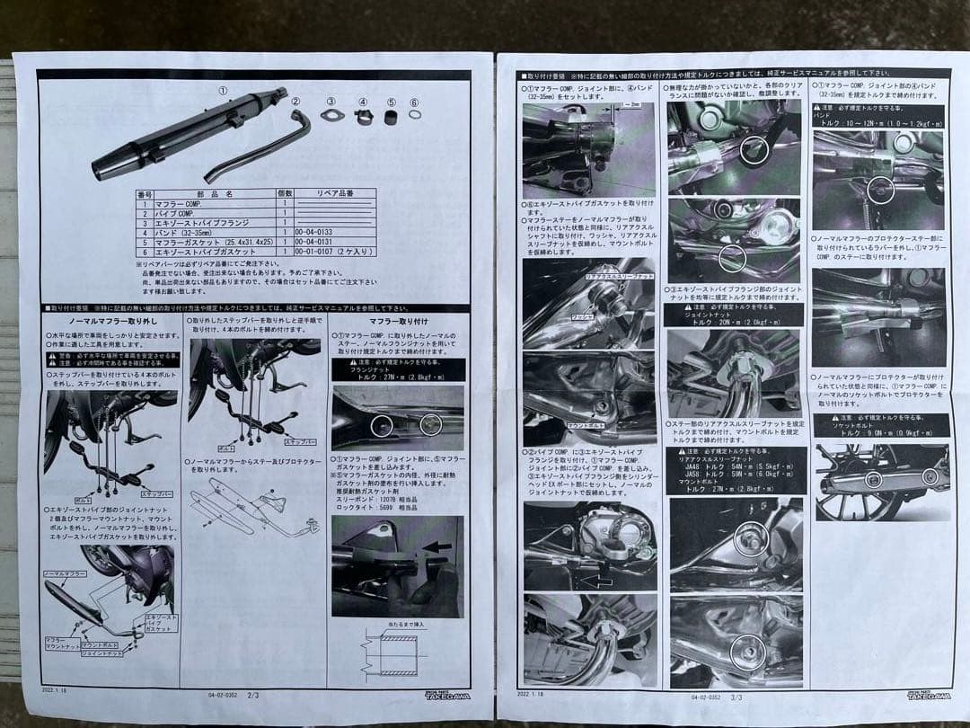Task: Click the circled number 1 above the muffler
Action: point(224,91)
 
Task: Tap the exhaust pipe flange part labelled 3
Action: point(331,116)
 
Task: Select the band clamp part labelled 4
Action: point(364,117)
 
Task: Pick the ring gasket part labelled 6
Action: point(414,115)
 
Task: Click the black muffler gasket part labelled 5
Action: point(391,116)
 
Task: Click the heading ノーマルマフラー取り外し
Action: point(112,320)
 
